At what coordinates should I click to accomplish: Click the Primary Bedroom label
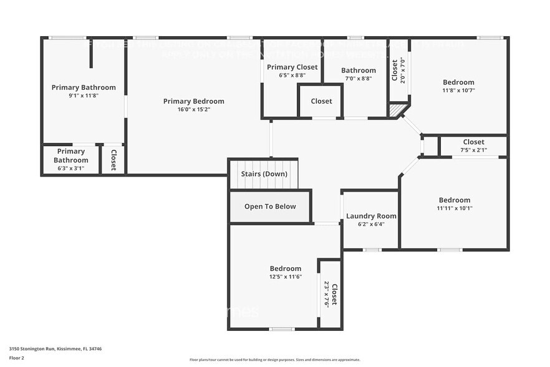click(193, 101)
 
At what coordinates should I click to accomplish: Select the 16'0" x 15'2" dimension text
click(193, 109)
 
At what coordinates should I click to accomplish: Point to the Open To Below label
click(270, 207)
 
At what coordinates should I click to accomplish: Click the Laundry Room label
click(371, 216)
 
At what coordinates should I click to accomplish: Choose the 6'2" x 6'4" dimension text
click(371, 224)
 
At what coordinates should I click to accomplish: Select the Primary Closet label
click(292, 67)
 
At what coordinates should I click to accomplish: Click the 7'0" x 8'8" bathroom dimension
click(358, 79)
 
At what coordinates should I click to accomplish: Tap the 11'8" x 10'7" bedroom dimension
click(458, 90)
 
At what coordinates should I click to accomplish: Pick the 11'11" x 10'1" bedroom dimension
click(455, 208)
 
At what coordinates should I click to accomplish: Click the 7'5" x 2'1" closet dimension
click(473, 150)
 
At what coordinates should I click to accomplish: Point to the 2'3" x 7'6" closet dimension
click(326, 293)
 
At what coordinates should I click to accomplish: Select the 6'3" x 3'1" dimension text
click(71, 169)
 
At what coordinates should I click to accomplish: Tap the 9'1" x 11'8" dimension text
click(84, 95)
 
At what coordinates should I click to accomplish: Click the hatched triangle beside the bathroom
click(397, 110)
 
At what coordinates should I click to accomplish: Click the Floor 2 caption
click(17, 358)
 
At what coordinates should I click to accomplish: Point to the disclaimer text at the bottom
click(274, 360)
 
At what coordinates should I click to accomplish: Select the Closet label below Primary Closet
click(321, 101)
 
